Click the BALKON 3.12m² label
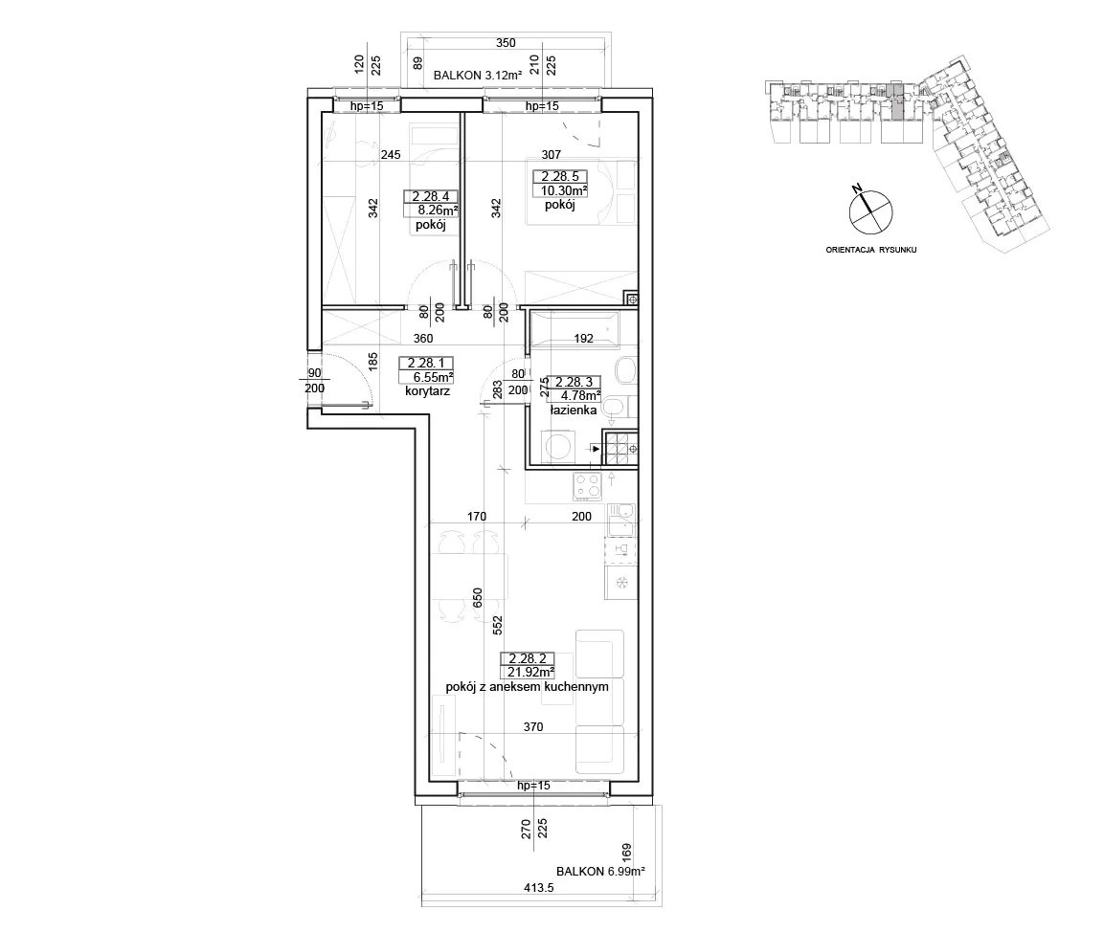pyautogui.click(x=478, y=76)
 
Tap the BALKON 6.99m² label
pyautogui.click(x=600, y=871)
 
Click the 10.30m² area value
pyautogui.click(x=564, y=189)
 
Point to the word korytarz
pyautogui.click(x=427, y=391)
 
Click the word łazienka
pyautogui.click(x=574, y=411)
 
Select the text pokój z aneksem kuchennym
pyautogui.click(x=528, y=686)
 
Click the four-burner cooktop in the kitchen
pyautogui.click(x=589, y=485)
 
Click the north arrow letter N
pyautogui.click(x=857, y=189)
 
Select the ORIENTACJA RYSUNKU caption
pyautogui.click(x=871, y=250)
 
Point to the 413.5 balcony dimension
pyautogui.click(x=539, y=888)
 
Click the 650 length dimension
pyautogui.click(x=478, y=598)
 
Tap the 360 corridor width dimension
pyautogui.click(x=422, y=339)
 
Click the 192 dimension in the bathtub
pyautogui.click(x=584, y=339)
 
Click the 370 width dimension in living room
pyautogui.click(x=533, y=726)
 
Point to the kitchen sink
pyautogui.click(x=621, y=521)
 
